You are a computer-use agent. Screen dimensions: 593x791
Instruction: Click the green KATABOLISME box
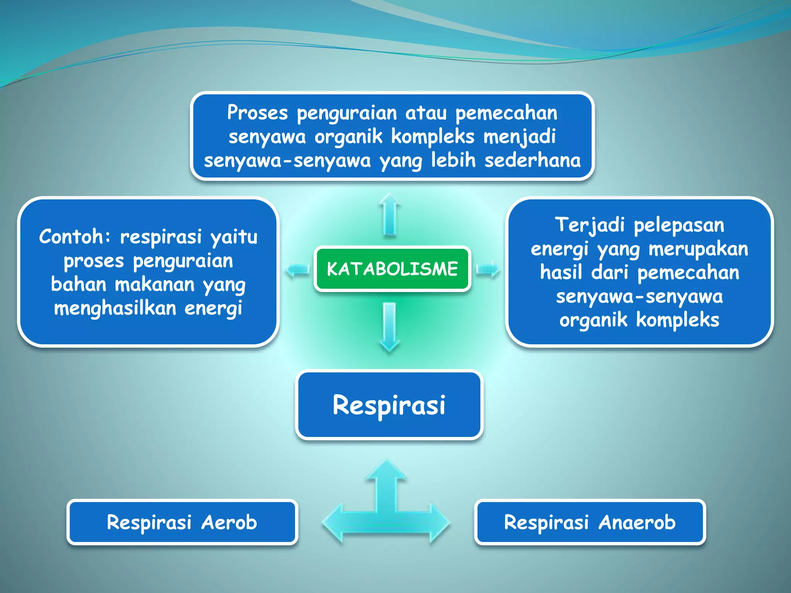tap(392, 269)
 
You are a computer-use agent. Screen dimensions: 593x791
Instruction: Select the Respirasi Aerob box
tap(182, 522)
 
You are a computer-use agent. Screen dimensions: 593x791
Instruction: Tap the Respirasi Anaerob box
tap(590, 522)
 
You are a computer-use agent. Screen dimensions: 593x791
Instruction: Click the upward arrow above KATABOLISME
tap(389, 215)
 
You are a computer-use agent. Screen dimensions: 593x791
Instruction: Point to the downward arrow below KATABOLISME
tap(389, 327)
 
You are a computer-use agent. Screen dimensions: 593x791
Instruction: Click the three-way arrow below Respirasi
tap(386, 510)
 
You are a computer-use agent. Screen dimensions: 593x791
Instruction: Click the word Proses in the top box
tap(257, 113)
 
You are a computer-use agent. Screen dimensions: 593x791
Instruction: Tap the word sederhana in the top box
tap(533, 160)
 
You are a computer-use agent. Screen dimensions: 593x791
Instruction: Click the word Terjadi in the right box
tap(589, 225)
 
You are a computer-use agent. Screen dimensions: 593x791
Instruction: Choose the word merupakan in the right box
tap(698, 249)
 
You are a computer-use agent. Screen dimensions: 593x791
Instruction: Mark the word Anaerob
tap(637, 522)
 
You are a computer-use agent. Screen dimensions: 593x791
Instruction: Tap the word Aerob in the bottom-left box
tap(229, 522)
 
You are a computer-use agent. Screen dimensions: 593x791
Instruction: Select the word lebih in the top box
tap(453, 160)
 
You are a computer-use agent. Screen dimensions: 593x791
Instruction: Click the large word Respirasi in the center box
tap(389, 405)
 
